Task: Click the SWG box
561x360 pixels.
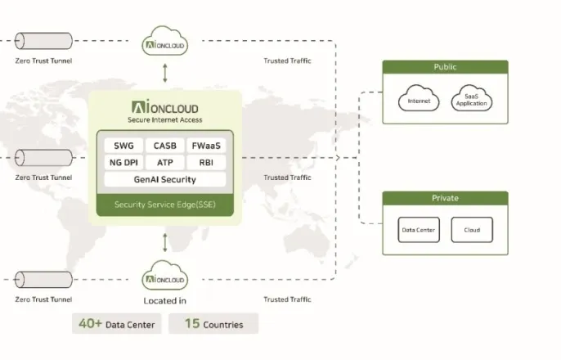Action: point(123,146)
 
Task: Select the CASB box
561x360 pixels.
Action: point(165,146)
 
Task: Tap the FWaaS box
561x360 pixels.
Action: point(206,146)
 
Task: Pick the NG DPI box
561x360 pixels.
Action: point(123,163)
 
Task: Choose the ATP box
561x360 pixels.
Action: point(165,163)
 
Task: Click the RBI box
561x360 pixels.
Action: point(206,163)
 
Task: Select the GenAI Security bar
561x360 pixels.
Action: point(165,179)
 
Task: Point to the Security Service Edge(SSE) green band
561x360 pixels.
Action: point(165,205)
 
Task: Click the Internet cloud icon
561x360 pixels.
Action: point(419,98)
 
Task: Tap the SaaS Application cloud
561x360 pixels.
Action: point(472,98)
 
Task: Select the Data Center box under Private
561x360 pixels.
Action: point(419,230)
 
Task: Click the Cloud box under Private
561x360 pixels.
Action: point(472,230)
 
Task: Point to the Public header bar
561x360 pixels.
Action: point(445,67)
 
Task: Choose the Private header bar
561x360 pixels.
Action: point(445,198)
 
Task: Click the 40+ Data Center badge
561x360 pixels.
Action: point(117,324)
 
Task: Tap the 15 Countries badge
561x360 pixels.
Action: point(213,324)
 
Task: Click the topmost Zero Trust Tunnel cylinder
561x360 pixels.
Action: point(43,41)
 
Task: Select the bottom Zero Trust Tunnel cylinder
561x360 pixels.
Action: point(43,280)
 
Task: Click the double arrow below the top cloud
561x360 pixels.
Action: point(165,73)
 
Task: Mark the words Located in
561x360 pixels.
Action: point(165,301)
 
